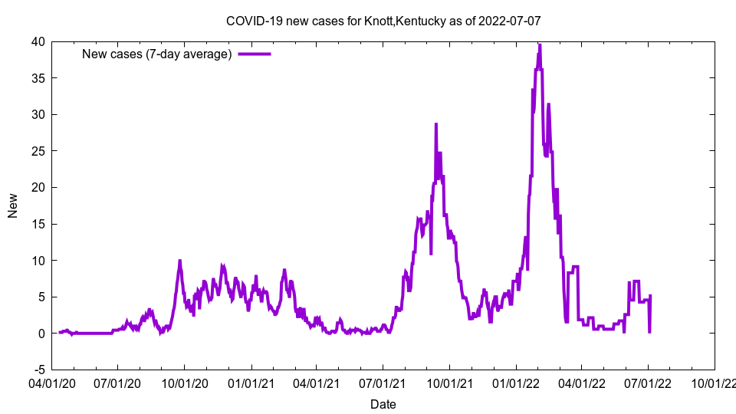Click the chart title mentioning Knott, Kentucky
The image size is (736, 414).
tap(383, 21)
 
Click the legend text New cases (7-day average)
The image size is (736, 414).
tap(157, 54)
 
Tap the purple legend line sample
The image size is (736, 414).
tap(255, 54)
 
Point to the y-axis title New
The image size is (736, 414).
tap(13, 205)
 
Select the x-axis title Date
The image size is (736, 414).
tap(383, 404)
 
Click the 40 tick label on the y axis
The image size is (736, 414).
tap(38, 41)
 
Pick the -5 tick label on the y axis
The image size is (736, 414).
tap(38, 370)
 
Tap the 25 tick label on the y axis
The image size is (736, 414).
tap(38, 151)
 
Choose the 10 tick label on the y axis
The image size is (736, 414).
tap(38, 261)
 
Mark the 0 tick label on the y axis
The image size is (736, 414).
tap(41, 333)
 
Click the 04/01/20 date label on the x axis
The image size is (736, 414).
tap(52, 381)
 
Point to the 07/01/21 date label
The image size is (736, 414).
tap(383, 381)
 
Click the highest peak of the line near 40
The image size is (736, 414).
tap(540, 45)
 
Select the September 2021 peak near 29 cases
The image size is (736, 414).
tap(436, 124)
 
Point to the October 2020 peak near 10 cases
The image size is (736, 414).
tap(180, 261)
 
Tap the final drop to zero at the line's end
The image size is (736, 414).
tap(650, 332)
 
